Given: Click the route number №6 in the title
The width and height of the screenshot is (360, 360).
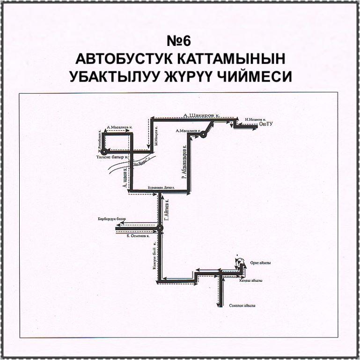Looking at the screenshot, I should click(x=180, y=41).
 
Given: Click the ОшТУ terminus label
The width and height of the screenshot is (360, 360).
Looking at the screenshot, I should click(x=265, y=124).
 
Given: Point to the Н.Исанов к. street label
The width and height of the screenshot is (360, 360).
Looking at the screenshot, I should click(x=256, y=119).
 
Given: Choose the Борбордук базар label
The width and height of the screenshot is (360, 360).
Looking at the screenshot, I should click(x=112, y=219).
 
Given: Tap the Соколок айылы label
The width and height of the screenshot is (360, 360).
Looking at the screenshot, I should click(x=242, y=306).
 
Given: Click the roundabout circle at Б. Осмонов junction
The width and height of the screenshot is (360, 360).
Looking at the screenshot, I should click(x=160, y=228).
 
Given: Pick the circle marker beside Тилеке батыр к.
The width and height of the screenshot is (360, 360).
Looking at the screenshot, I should click(x=104, y=151).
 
